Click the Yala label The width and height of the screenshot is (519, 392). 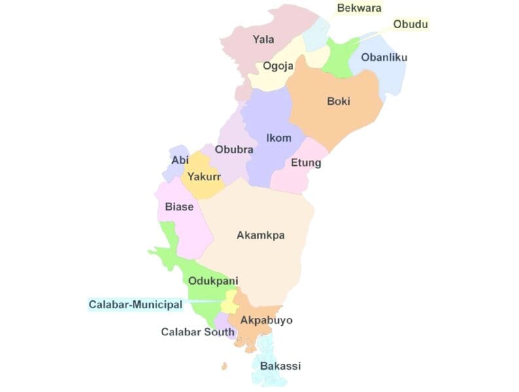click(x=263, y=40)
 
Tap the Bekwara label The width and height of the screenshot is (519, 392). click(x=359, y=8)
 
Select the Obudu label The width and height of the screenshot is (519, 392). click(x=410, y=25)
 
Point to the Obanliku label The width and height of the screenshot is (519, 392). click(x=384, y=58)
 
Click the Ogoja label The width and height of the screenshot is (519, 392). click(x=277, y=66)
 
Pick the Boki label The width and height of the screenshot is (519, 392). click(x=338, y=102)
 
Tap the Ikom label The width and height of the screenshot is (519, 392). click(x=279, y=138)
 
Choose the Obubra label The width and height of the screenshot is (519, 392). click(x=234, y=149)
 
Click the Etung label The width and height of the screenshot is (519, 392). click(x=306, y=163)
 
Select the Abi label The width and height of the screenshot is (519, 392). click(x=180, y=161)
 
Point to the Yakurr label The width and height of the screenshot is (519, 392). click(x=204, y=177)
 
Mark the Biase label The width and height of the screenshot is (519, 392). click(x=179, y=207)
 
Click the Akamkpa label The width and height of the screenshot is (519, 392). click(x=260, y=235)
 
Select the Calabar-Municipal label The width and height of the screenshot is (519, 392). click(x=135, y=305)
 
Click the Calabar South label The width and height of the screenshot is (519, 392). click(x=198, y=332)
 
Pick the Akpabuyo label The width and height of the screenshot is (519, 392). click(x=266, y=321)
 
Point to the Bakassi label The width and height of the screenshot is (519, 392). click(x=280, y=366)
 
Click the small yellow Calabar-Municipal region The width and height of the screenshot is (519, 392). click(x=229, y=305)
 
